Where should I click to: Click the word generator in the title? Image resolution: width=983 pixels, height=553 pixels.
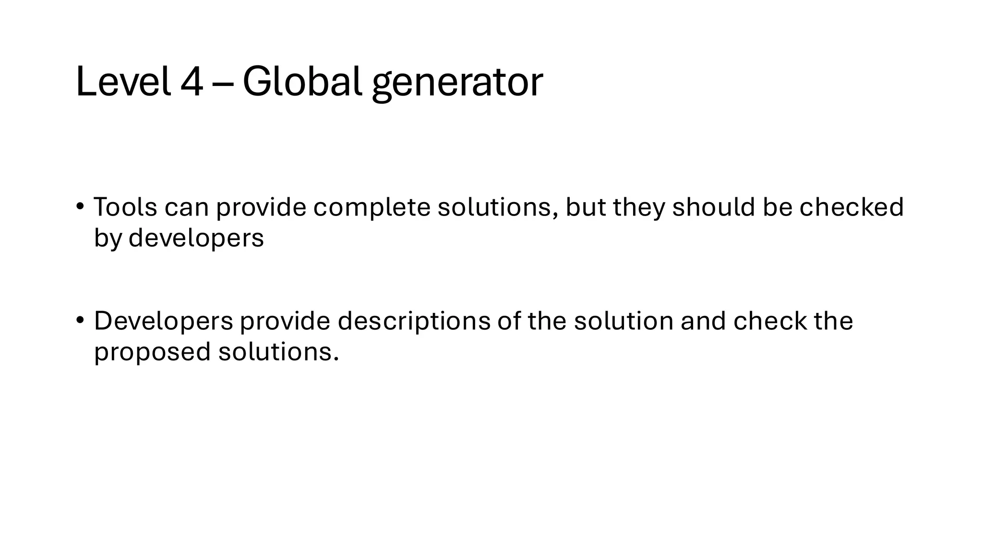(457, 84)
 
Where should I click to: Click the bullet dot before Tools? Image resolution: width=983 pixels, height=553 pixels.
(80, 206)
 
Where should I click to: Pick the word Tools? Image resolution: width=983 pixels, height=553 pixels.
(125, 207)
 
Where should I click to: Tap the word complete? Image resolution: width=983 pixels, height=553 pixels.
(372, 207)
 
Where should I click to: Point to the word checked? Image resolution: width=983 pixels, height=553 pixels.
(851, 207)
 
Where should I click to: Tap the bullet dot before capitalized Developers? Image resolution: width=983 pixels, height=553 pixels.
(80, 320)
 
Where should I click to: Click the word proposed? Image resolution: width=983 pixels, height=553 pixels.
(152, 352)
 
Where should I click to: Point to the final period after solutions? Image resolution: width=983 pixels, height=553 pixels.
(336, 359)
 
